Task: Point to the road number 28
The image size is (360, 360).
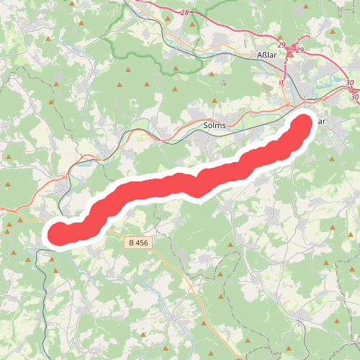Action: (x=184, y=14)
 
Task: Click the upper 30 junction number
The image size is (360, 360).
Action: (x=350, y=84)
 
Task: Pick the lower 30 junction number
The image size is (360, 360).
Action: (x=354, y=96)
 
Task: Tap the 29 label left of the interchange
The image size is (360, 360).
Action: (x=282, y=45)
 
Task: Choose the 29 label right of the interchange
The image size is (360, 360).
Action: (x=300, y=50)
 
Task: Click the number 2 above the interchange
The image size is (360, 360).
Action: (x=298, y=41)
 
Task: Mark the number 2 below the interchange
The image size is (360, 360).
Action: (x=286, y=60)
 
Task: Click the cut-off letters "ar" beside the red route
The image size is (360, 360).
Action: (x=321, y=121)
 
